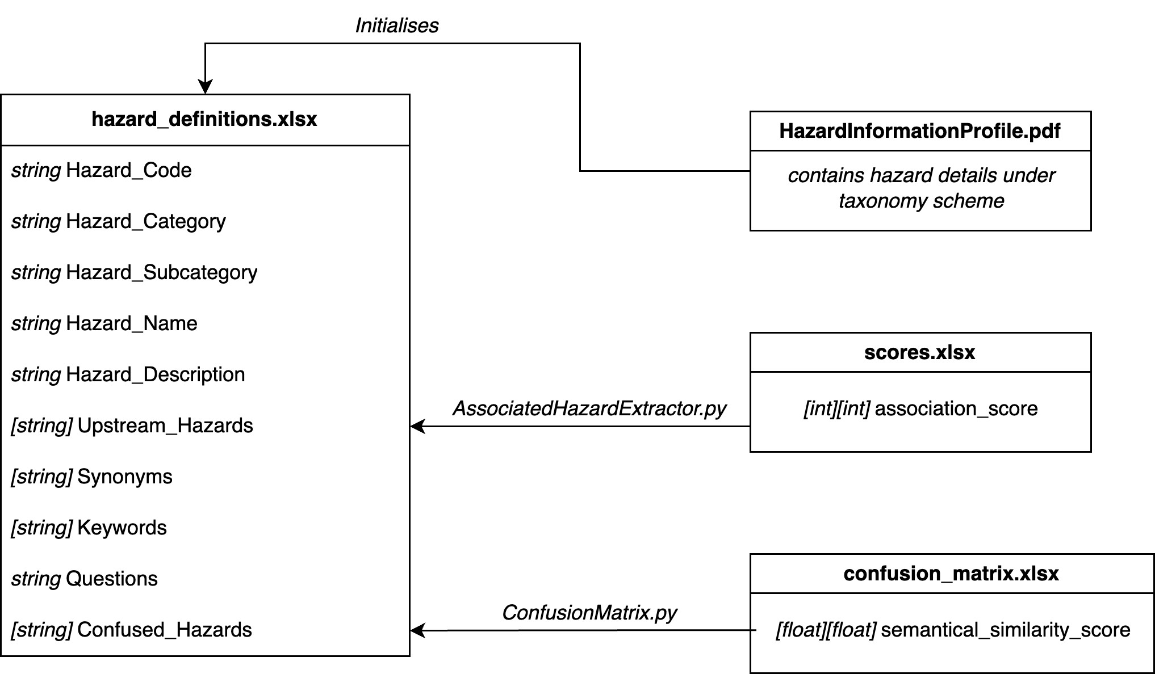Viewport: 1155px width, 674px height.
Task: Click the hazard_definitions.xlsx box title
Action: [204, 119]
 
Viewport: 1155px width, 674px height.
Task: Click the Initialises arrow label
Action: [396, 26]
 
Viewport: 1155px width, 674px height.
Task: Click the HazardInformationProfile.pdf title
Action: [919, 131]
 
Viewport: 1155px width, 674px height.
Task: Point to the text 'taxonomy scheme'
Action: [921, 201]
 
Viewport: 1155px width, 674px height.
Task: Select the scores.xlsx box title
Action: [919, 352]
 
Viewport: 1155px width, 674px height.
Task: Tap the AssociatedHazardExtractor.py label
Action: [589, 408]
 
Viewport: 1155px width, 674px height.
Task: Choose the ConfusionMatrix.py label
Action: [589, 613]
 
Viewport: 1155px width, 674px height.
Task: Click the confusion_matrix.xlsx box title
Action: [951, 574]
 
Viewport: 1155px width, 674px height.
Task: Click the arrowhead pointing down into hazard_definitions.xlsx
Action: [205, 87]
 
